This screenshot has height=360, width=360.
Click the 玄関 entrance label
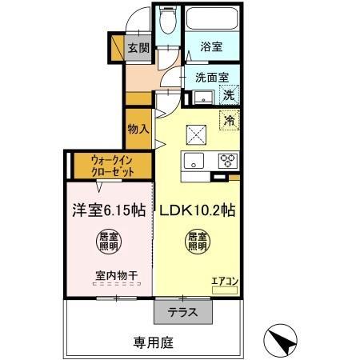pyautogui.click(x=138, y=48)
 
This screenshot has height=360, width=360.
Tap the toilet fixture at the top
pyautogui.click(x=167, y=22)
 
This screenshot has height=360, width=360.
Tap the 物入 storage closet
pyautogui.click(x=138, y=129)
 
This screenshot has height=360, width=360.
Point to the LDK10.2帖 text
pyautogui.click(x=195, y=211)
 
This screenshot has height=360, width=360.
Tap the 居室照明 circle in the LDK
pyautogui.click(x=197, y=241)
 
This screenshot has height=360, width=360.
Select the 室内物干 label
pyautogui.click(x=116, y=276)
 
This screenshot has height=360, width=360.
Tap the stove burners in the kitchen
pyautogui.click(x=228, y=158)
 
